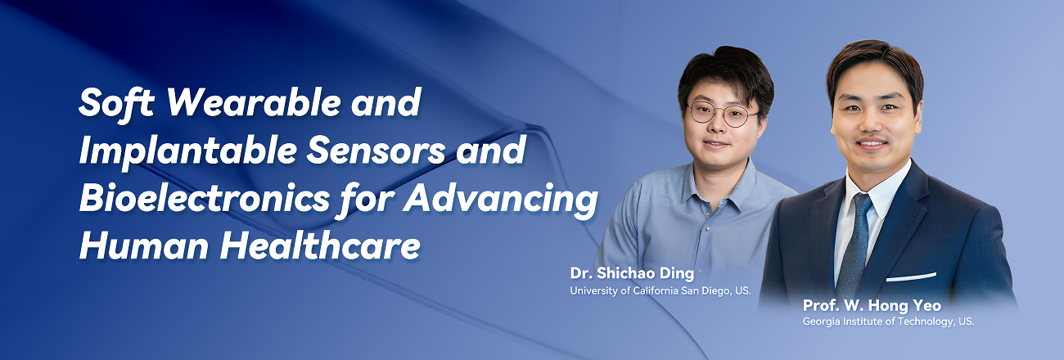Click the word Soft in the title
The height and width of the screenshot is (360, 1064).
pyautogui.click(x=117, y=102)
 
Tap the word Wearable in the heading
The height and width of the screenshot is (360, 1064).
pyautogui.click(x=254, y=102)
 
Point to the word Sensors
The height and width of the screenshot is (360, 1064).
pyautogui.click(x=376, y=151)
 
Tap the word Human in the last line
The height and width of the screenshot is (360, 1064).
pyautogui.click(x=143, y=246)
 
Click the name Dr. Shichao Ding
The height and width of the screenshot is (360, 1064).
pyautogui.click(x=632, y=273)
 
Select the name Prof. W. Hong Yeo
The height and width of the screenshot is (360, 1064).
pyautogui.click(x=872, y=305)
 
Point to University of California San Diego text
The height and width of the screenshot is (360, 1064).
pyautogui.click(x=660, y=290)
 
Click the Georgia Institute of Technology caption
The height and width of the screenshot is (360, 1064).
pyautogui.click(x=888, y=322)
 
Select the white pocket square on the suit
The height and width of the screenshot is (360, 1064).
pyautogui.click(x=911, y=277)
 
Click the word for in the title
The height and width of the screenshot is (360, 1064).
pyautogui.click(x=366, y=200)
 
